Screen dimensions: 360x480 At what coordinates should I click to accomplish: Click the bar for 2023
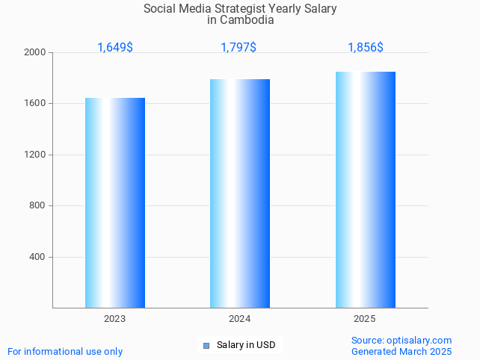point(115,202)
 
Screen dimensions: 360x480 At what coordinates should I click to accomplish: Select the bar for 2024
point(240,193)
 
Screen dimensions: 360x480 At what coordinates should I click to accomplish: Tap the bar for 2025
point(366,190)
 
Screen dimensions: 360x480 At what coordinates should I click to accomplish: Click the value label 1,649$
point(115,48)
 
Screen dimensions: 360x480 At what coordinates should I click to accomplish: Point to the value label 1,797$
point(239,48)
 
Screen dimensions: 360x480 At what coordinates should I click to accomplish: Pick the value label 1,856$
point(366,48)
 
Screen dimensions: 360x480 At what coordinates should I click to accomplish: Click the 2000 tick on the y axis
point(35,53)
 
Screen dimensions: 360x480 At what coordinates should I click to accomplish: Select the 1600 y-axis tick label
point(35,104)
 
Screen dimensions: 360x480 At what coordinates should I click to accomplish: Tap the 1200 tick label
point(35,155)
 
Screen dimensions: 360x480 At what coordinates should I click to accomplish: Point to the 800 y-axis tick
point(37,206)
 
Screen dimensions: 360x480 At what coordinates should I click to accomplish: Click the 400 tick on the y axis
point(37,257)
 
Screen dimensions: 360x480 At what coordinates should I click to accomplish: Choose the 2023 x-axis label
point(115,319)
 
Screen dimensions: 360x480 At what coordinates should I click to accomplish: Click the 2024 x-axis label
point(240,319)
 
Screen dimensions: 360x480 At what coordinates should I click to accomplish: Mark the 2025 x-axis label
point(365,319)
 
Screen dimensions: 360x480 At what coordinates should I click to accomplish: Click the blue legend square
point(206,345)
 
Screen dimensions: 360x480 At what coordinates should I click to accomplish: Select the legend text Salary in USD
point(246,345)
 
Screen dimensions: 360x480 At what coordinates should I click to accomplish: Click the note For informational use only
point(65,351)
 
